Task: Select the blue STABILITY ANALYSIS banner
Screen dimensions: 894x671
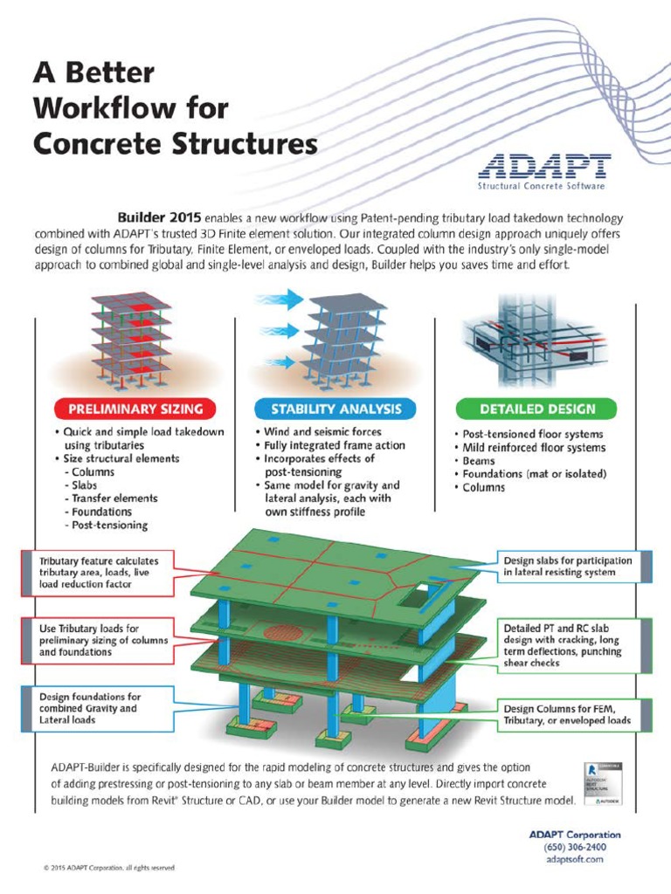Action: [x=335, y=408]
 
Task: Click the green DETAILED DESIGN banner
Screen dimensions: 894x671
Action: [x=536, y=408]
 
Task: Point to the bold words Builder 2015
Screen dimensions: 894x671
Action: [x=159, y=216]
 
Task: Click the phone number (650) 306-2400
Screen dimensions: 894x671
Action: [x=573, y=847]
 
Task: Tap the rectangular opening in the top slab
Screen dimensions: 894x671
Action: [x=417, y=596]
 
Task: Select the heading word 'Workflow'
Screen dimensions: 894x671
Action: [x=130, y=107]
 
